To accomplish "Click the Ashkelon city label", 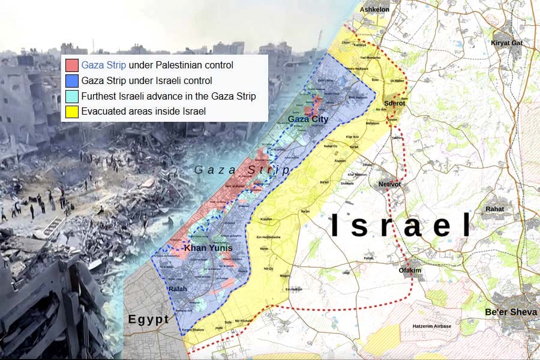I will coord(374,10).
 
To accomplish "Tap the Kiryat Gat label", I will coord(507,43).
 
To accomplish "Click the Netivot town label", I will coord(394,185).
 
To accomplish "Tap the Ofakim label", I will coord(410,271).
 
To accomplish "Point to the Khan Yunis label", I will coord(208,248).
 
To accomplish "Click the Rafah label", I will coord(178,289).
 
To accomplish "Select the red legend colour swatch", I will coord(72,65).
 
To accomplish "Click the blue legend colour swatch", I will coord(72,80).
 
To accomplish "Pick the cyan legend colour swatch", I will coord(72,96).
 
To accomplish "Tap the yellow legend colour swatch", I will coord(72,112).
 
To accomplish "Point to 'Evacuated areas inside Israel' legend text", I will coord(143,112).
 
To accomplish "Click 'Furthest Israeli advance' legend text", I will coord(169,96).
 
